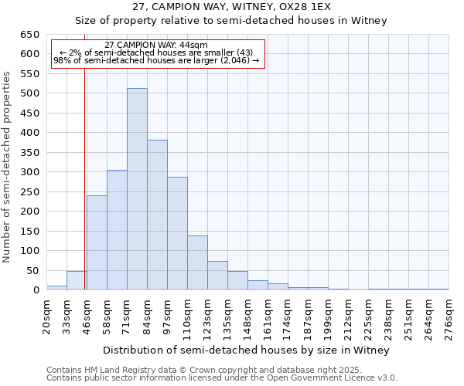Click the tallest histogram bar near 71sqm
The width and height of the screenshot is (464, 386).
(137, 189)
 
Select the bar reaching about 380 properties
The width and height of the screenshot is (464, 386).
(157, 215)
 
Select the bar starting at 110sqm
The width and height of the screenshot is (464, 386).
(197, 262)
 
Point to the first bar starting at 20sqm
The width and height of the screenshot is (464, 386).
(56, 288)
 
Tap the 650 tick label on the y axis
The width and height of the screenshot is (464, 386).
(29, 35)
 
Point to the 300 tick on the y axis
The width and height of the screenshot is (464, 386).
(29, 172)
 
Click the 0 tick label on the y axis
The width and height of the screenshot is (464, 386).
(36, 290)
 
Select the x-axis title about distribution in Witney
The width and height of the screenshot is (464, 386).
(247, 350)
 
